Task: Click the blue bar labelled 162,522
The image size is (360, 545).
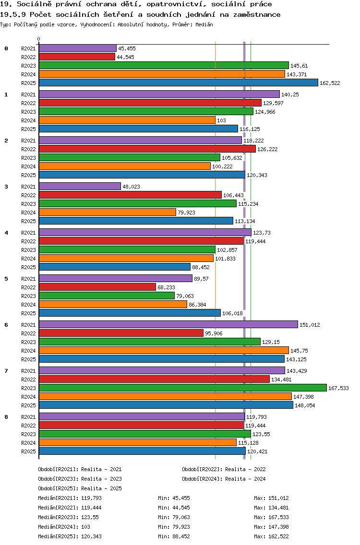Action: click(178, 83)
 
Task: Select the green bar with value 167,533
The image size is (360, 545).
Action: click(182, 388)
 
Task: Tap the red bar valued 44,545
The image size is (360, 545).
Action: click(77, 57)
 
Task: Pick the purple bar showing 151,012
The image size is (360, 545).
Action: click(168, 324)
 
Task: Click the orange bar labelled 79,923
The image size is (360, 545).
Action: click(107, 212)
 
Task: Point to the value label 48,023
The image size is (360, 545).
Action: click(131, 187)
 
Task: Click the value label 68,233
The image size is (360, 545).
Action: click(167, 287)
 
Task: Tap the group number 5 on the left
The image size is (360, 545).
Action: click(6, 279)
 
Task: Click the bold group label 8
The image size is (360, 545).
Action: click(6, 417)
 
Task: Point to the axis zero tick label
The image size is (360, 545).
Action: click(39, 39)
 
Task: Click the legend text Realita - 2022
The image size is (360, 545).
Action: click(245, 469)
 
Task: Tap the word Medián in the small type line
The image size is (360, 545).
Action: click(204, 24)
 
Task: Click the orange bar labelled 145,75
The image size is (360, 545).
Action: click(164, 350)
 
